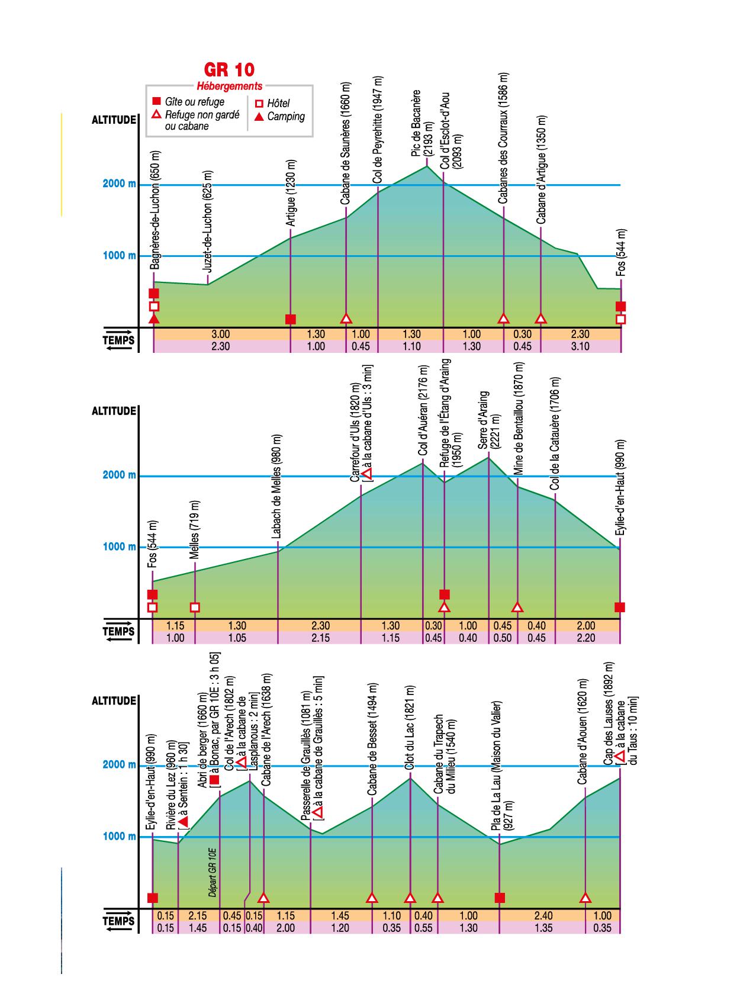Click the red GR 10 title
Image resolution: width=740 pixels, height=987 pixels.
pos(229,70)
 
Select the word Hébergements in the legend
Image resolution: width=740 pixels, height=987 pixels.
pos(229,86)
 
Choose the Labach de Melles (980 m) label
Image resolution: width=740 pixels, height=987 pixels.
pos(277,487)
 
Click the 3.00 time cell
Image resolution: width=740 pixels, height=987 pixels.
pos(220,335)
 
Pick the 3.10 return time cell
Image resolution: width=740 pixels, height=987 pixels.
pos(580,346)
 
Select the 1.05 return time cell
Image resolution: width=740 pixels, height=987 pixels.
pos(236,638)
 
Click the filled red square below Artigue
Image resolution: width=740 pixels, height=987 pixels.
pos(291,319)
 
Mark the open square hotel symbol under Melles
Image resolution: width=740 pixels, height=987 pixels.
pos(195,607)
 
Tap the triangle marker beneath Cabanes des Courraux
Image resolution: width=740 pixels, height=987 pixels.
pos(504,319)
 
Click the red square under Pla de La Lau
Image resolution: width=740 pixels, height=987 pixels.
pos(500,898)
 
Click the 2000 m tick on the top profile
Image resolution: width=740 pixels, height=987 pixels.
pos(119,184)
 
